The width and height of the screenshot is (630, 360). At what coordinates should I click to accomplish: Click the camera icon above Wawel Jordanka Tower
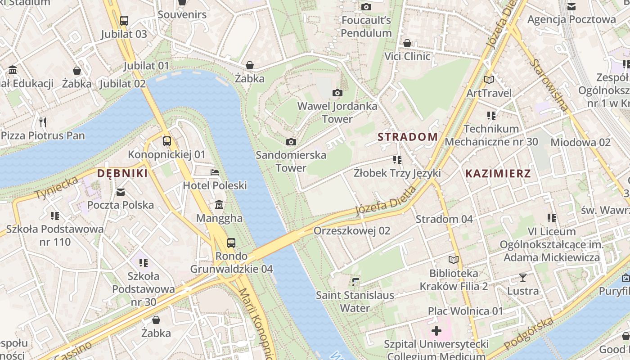pos(337,93)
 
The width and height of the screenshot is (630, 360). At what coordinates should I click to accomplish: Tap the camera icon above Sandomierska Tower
pos(291,142)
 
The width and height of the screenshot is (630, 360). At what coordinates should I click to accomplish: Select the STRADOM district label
pos(407,137)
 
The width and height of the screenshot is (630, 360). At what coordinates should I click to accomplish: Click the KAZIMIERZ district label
pos(498,173)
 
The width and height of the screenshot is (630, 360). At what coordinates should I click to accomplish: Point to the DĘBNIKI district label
pos(122,173)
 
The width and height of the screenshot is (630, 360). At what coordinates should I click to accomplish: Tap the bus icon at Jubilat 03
pos(124,20)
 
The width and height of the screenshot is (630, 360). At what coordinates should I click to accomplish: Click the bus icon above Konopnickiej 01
pos(167,141)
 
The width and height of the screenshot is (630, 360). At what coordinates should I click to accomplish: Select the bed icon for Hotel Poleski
pos(215,172)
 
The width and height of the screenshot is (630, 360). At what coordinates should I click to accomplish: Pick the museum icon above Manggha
pos(219,205)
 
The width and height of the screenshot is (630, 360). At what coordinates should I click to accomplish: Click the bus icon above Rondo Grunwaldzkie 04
pos(231,243)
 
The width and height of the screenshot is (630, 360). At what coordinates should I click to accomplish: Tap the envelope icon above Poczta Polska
pos(121,192)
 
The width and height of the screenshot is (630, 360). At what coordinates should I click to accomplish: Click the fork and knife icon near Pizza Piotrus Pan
pos(43,122)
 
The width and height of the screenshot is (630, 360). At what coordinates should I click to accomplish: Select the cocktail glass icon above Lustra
pos(523,277)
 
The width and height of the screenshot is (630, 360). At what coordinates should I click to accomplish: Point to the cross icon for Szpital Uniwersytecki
pos(436,331)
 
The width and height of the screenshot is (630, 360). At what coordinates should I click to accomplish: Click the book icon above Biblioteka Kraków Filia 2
pos(454,260)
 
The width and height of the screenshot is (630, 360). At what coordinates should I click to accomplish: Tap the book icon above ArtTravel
pos(489,80)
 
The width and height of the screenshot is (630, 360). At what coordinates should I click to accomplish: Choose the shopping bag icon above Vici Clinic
pos(407,43)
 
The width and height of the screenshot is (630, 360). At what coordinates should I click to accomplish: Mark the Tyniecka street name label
pos(57,188)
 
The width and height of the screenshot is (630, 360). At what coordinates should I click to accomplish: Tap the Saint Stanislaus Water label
pos(355,301)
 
